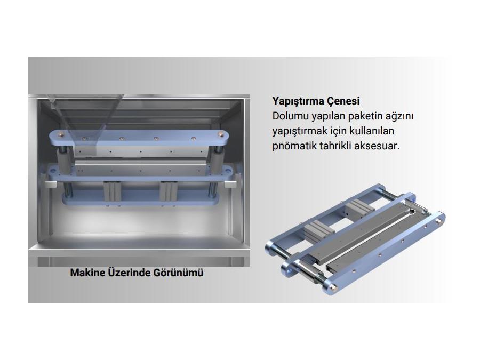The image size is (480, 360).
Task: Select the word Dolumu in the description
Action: pos(290,116)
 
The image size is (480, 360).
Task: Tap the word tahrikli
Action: pos(335,146)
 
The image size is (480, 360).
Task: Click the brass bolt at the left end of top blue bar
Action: pos(62,133)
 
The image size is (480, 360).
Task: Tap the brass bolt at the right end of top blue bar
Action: pos(220,134)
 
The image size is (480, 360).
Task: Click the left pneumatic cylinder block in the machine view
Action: pos(112,191)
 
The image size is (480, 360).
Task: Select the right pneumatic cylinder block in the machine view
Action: pos(168,191)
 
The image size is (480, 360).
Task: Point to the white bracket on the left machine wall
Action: pos(51,184)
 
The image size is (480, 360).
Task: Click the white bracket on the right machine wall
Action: pos(230,184)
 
